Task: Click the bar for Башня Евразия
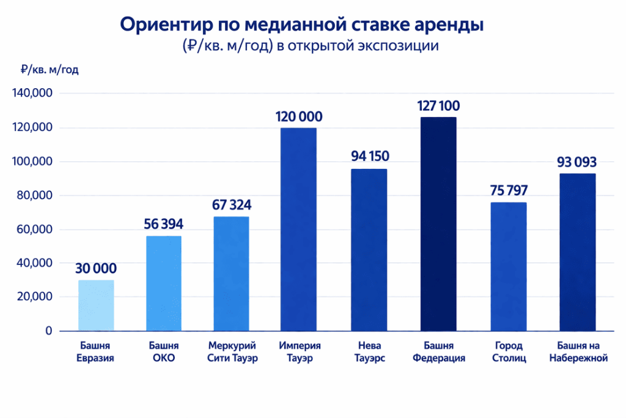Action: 96,305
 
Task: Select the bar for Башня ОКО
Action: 164,283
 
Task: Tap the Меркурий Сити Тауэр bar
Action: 231,274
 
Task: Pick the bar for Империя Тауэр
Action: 299,230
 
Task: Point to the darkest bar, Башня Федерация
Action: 438,224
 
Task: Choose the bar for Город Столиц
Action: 509,266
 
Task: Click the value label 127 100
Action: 438,106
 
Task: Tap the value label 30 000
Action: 96,269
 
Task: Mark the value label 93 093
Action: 577,162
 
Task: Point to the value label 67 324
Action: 231,204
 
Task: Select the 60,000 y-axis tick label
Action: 34,230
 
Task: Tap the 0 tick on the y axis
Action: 48,331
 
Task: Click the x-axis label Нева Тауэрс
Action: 370,352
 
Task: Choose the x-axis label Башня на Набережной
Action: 578,352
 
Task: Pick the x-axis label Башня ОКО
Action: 164,352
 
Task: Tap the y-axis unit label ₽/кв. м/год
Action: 50,70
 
